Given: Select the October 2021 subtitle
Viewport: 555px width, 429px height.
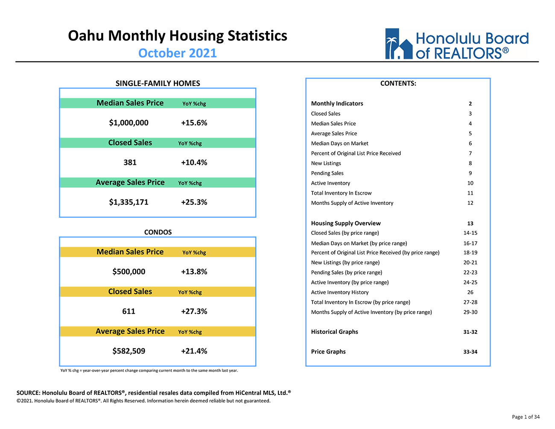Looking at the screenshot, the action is [177, 53].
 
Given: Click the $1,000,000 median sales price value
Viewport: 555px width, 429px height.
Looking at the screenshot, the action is [129, 123].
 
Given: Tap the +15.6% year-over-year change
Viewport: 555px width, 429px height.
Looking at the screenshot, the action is [194, 123].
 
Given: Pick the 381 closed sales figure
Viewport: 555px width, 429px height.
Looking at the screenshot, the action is [130, 162].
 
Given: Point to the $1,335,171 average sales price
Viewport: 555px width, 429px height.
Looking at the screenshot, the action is [129, 202].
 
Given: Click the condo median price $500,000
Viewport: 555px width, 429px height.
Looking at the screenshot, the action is [129, 271].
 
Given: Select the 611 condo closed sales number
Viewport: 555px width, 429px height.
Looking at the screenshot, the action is [129, 311].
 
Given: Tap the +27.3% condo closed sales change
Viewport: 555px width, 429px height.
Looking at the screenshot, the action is [194, 311].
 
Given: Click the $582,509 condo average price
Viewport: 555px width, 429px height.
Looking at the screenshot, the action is [129, 351].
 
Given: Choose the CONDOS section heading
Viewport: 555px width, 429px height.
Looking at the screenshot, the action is [158, 232].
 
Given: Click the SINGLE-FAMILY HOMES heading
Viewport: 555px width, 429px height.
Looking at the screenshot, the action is [158, 83].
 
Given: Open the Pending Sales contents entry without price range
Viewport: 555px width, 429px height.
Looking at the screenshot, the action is [327, 173].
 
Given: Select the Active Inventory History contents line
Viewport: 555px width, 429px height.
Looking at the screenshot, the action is [340, 292].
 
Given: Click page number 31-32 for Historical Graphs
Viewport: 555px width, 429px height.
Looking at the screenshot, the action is [470, 332].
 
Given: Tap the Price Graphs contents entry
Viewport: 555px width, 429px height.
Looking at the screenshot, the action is [328, 352].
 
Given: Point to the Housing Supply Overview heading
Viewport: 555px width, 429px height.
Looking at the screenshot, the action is [346, 223].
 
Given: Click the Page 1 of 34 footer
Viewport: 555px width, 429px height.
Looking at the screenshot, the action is [526, 417].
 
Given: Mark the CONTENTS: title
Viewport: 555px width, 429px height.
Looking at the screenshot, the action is [398, 84].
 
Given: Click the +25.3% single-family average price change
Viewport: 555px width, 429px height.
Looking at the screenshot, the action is [194, 202].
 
